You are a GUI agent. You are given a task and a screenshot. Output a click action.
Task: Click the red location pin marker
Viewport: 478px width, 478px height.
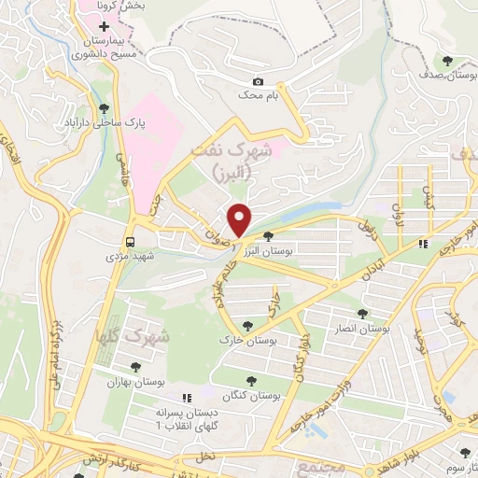pyautogui.click(x=241, y=218)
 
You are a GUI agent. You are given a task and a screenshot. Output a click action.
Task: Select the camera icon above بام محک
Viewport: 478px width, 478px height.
pyautogui.click(x=258, y=81)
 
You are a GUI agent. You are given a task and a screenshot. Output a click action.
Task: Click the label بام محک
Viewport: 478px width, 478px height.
pyautogui.click(x=259, y=95)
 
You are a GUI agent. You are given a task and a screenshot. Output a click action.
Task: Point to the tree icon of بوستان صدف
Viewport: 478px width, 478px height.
pyautogui.click(x=451, y=61)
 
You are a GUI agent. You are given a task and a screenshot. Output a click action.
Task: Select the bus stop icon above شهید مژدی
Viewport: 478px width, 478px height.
pyautogui.click(x=129, y=237)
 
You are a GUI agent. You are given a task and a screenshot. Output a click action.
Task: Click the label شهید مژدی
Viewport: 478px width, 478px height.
pyautogui.click(x=129, y=253)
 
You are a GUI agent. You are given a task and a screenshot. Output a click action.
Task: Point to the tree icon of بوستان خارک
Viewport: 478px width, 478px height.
pyautogui.click(x=247, y=325)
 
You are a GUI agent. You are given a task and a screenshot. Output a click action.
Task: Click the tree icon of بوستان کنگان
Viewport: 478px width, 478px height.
pyautogui.click(x=249, y=379)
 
